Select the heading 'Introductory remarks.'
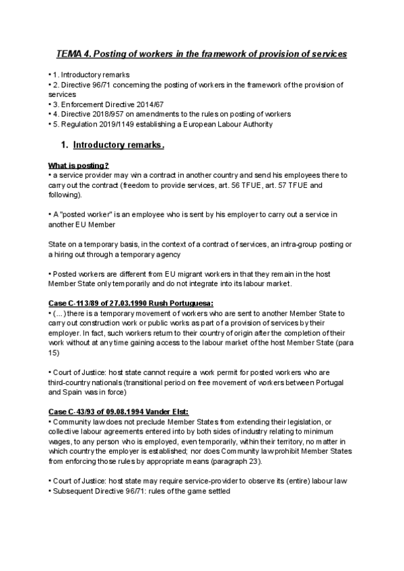119,145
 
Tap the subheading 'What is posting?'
79,166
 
